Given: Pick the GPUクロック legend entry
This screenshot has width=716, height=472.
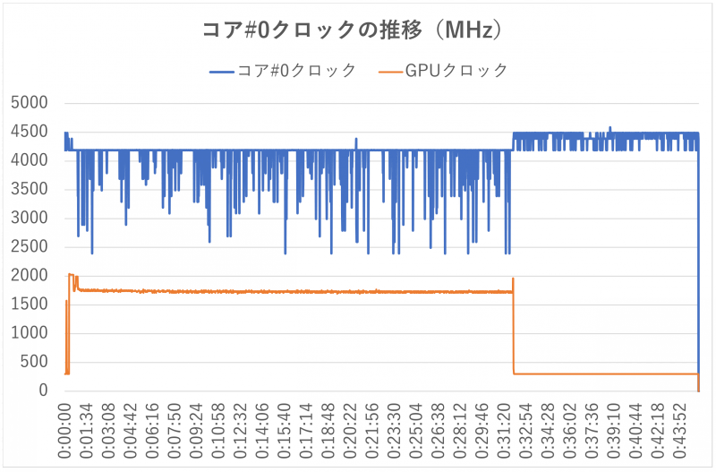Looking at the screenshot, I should pyautogui.click(x=444, y=70).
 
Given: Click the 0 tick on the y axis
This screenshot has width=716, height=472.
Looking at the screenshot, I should pyautogui.click(x=42, y=390).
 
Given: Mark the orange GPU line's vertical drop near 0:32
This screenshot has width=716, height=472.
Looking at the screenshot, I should pyautogui.click(x=513, y=331).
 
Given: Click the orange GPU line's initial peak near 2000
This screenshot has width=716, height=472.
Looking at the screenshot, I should pyautogui.click(x=71, y=275).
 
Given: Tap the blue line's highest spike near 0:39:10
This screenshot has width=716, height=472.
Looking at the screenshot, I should pyautogui.click(x=609, y=127).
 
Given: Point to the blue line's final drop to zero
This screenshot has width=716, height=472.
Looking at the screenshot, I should pyautogui.click(x=698, y=269).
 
